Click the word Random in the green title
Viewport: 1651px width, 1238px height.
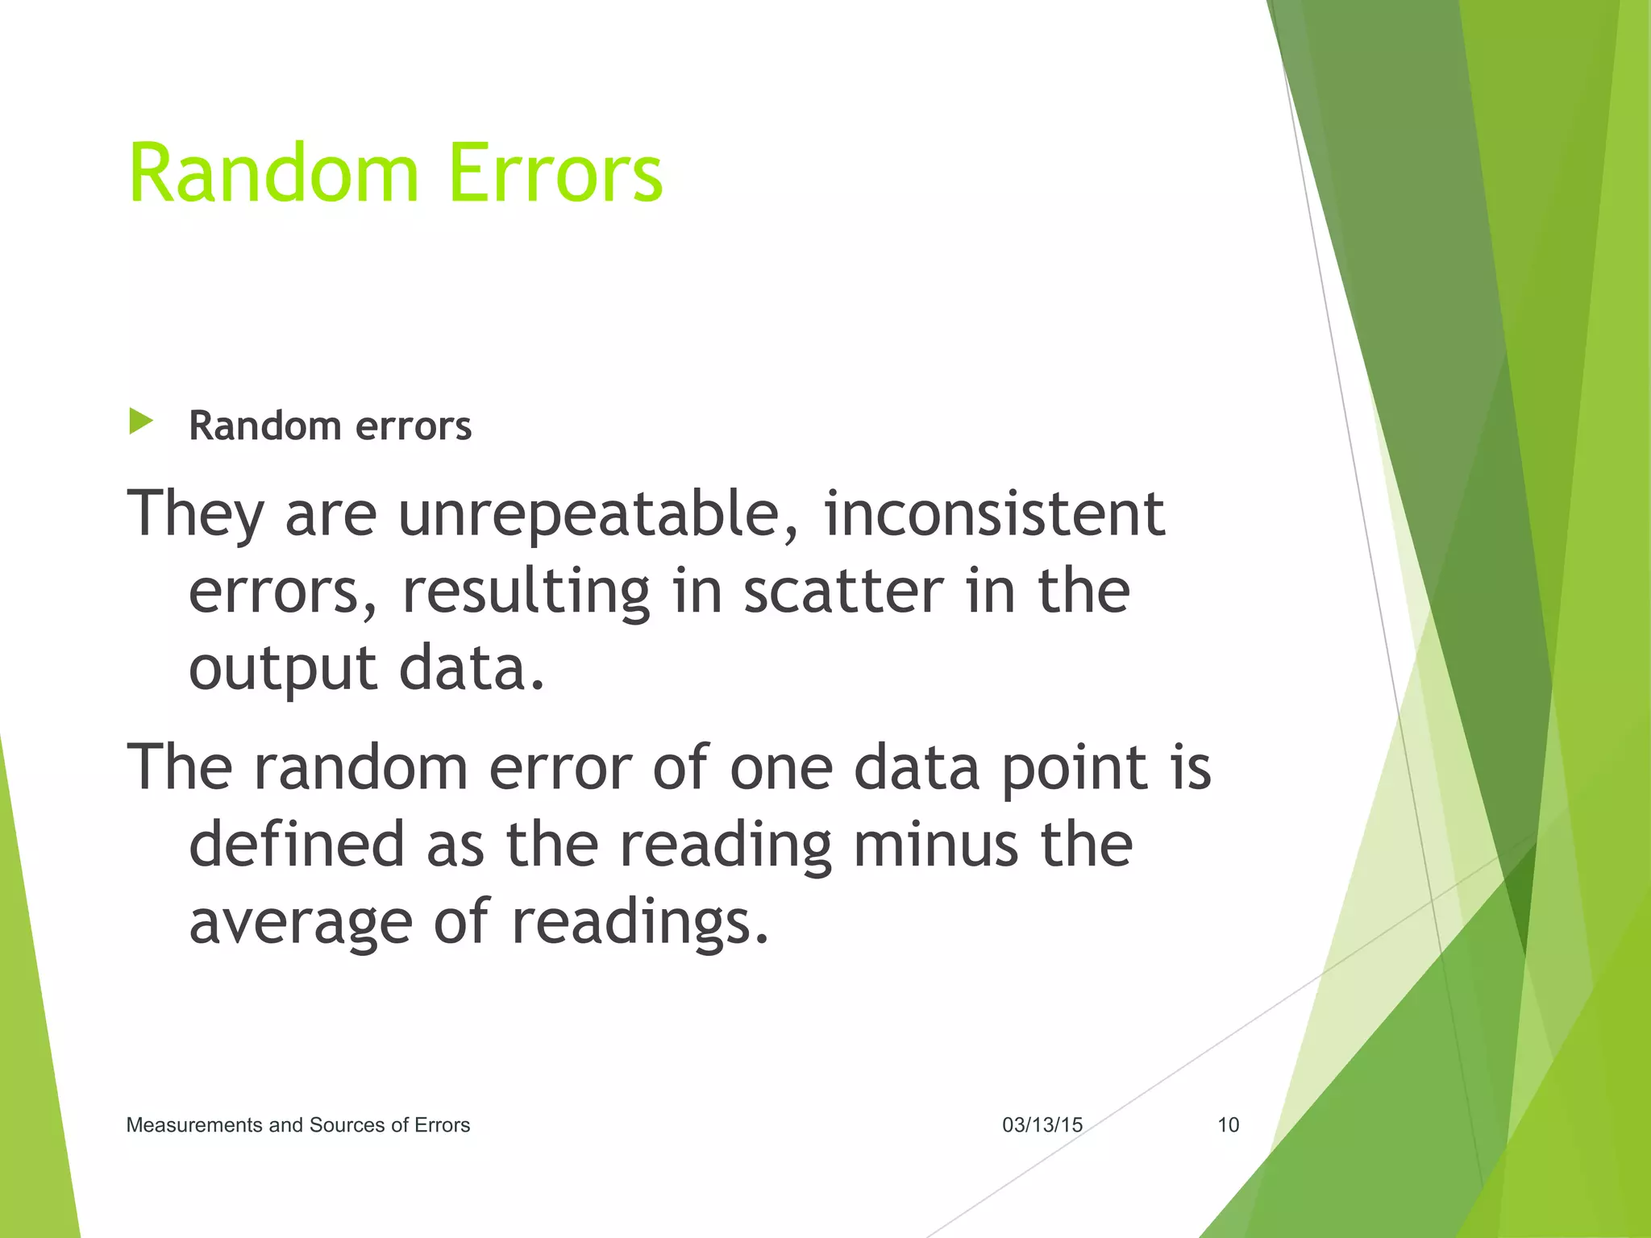pyautogui.click(x=274, y=172)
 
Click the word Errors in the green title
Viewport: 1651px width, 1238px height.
pyautogui.click(x=555, y=172)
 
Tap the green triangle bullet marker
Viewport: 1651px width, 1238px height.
pyautogui.click(x=140, y=422)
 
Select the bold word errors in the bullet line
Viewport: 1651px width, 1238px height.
pyautogui.click(x=413, y=426)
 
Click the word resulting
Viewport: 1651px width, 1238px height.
pyautogui.click(x=526, y=592)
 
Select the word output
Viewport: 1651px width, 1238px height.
pyautogui.click(x=282, y=669)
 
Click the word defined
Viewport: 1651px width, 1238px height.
pyautogui.click(x=296, y=844)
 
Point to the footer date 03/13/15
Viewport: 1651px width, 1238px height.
pyautogui.click(x=1042, y=1124)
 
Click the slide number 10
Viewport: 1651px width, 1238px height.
pyautogui.click(x=1227, y=1124)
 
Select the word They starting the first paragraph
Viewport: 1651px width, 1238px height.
pyautogui.click(x=196, y=514)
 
